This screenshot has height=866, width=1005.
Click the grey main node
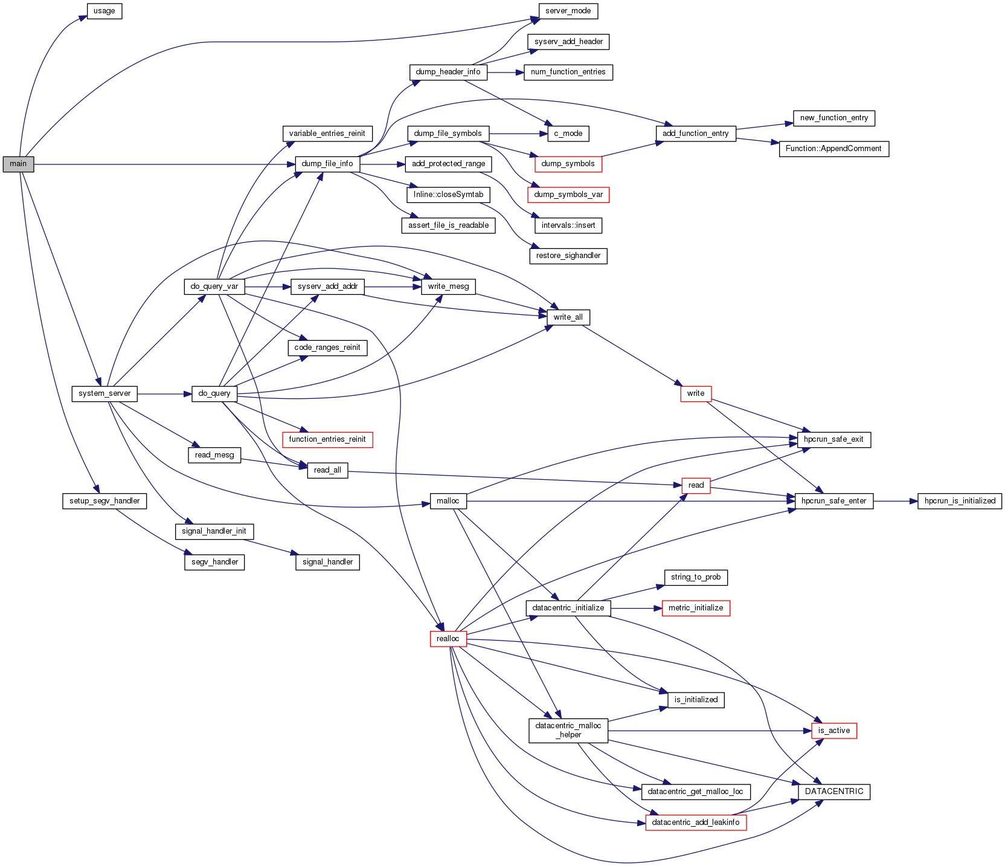(18, 164)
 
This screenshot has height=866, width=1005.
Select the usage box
(104, 11)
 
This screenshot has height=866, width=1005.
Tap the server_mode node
(568, 11)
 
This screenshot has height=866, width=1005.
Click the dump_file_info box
(327, 164)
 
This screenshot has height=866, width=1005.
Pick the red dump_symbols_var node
(568, 195)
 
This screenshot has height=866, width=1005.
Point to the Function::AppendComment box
(833, 149)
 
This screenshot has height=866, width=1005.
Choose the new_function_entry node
(833, 118)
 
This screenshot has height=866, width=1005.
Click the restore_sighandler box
(568, 256)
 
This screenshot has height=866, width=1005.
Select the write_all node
(568, 317)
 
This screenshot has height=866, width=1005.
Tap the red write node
(695, 393)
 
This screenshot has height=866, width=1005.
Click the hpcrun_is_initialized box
(960, 501)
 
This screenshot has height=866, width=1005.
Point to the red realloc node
(448, 639)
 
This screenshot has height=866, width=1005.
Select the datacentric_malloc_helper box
(568, 730)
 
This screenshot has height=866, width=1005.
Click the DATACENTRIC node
(833, 792)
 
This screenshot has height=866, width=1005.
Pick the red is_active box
(833, 731)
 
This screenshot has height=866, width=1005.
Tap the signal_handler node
(327, 562)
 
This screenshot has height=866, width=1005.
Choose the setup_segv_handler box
(104, 501)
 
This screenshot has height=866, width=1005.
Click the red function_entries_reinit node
(327, 439)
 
